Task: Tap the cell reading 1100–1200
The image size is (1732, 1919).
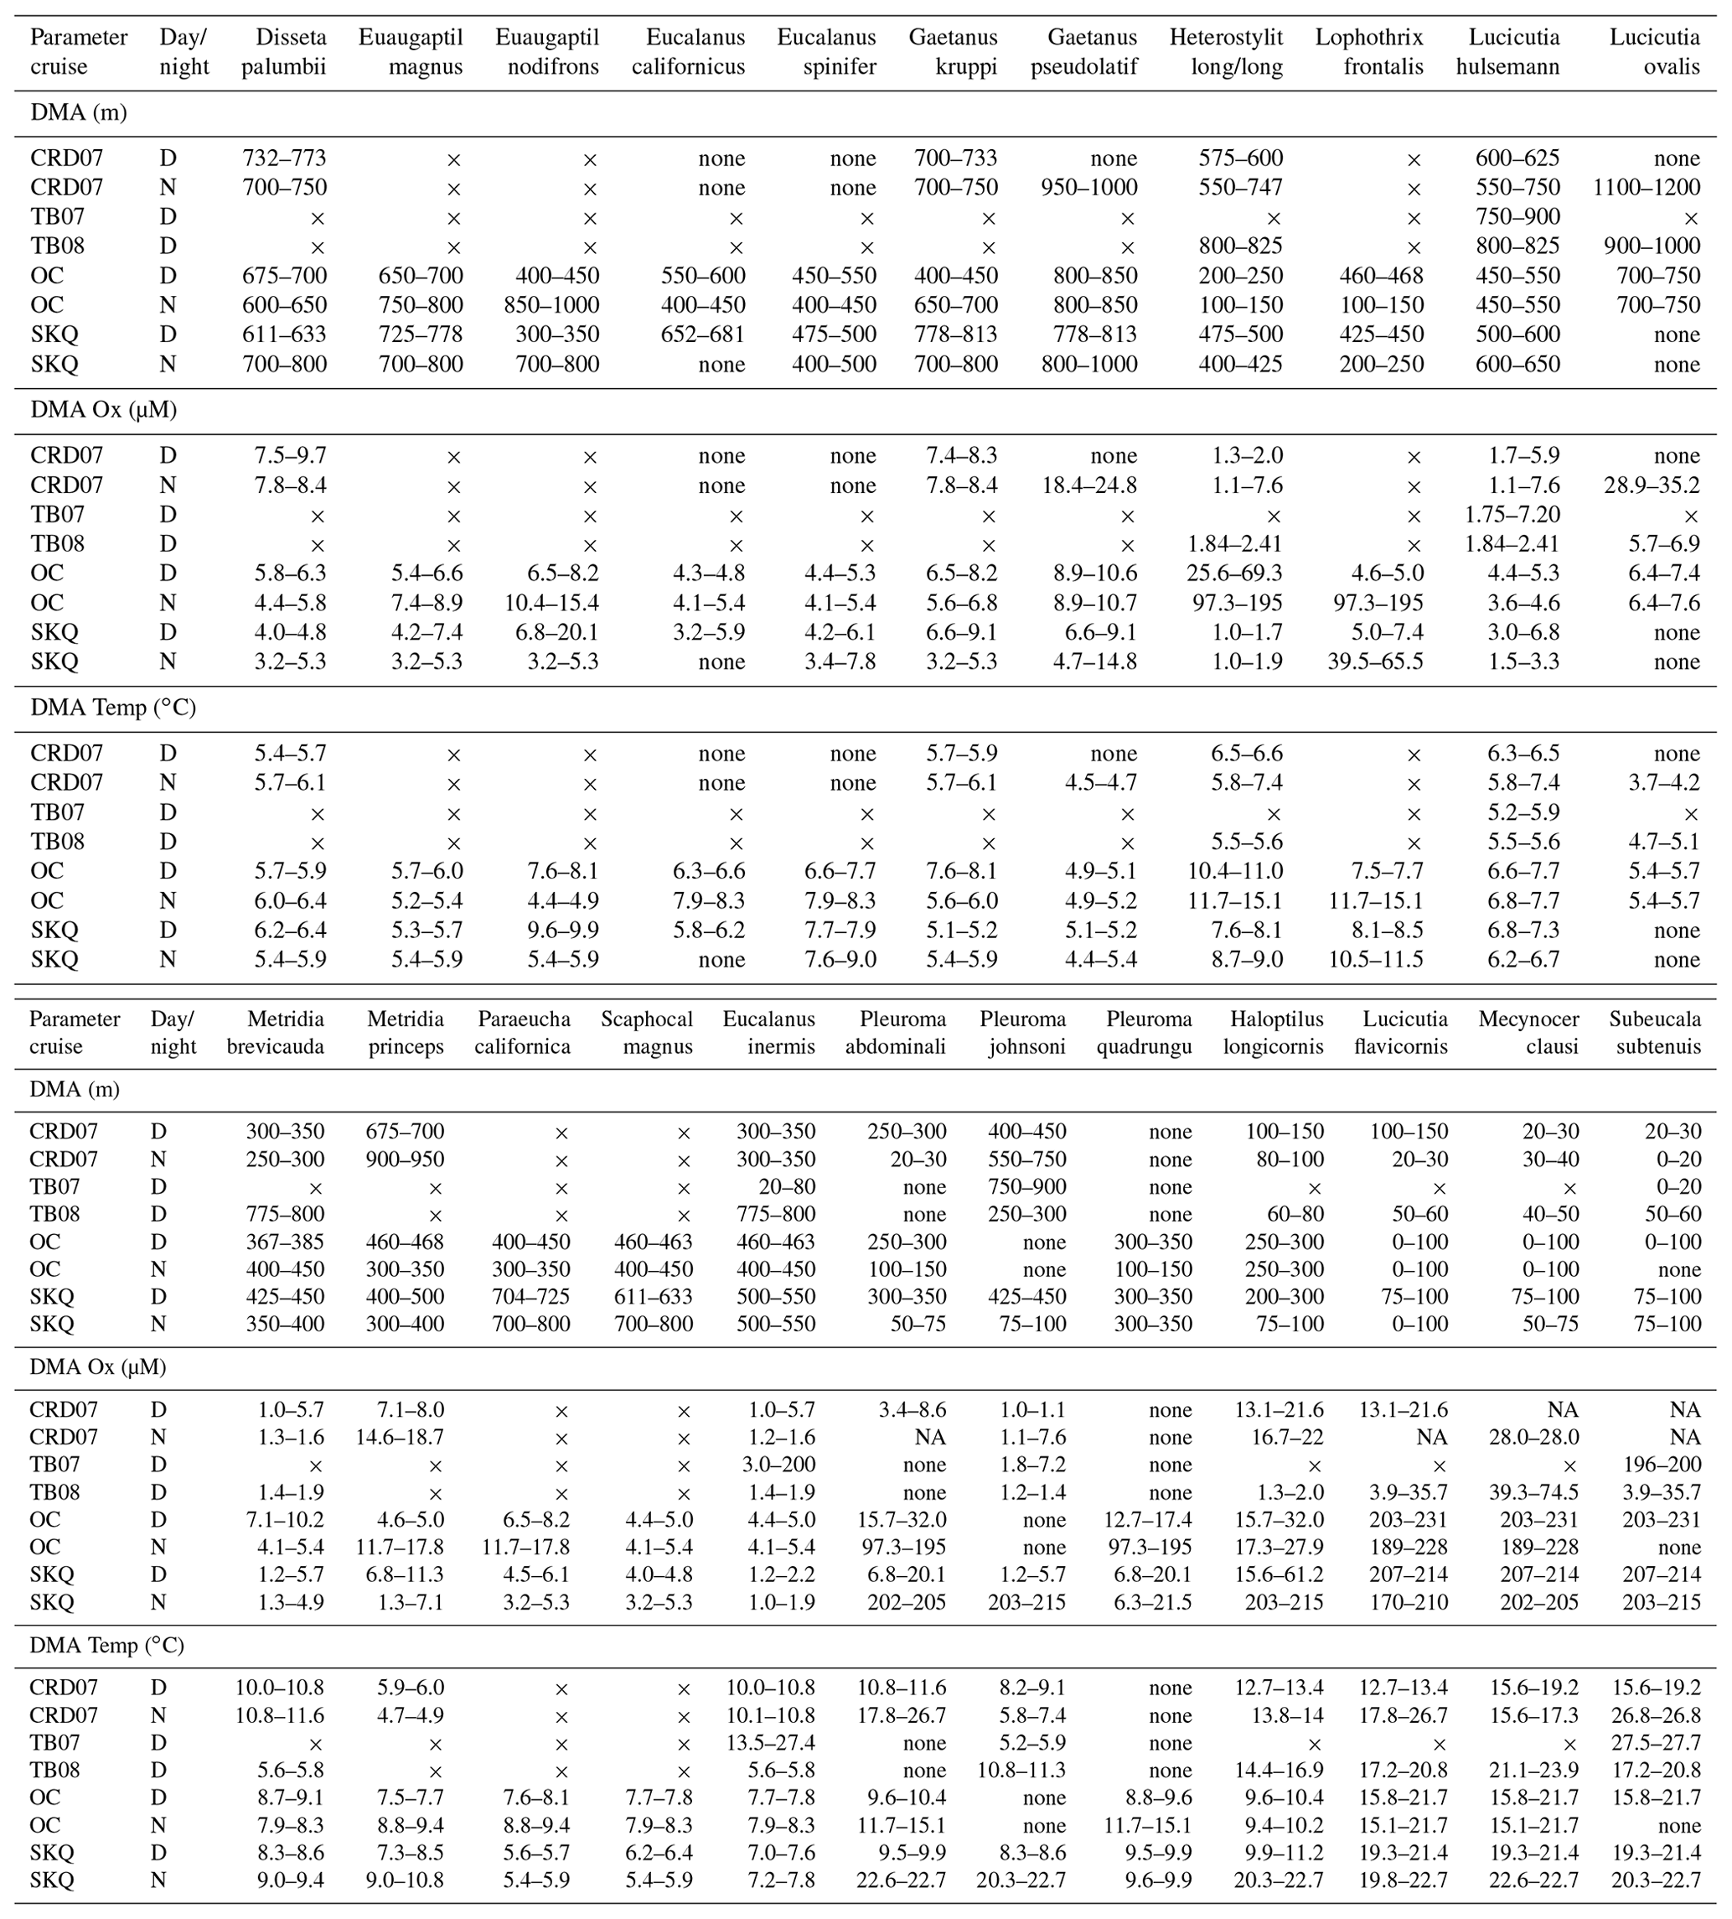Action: point(1647,188)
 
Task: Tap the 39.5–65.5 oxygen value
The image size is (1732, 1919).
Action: point(1375,662)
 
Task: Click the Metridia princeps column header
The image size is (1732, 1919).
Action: point(406,1033)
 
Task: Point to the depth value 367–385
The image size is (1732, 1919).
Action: point(282,1242)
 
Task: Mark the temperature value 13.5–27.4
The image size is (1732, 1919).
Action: point(770,1743)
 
